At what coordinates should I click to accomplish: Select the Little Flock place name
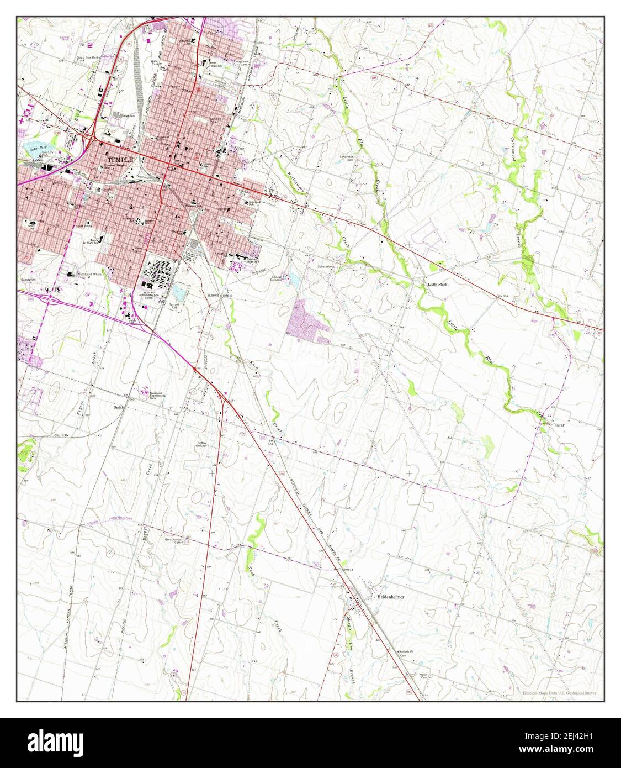(x=438, y=284)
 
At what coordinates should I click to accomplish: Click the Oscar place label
(x=559, y=425)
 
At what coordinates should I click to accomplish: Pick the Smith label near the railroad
(x=119, y=407)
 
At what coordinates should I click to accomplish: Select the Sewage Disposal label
(x=276, y=278)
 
